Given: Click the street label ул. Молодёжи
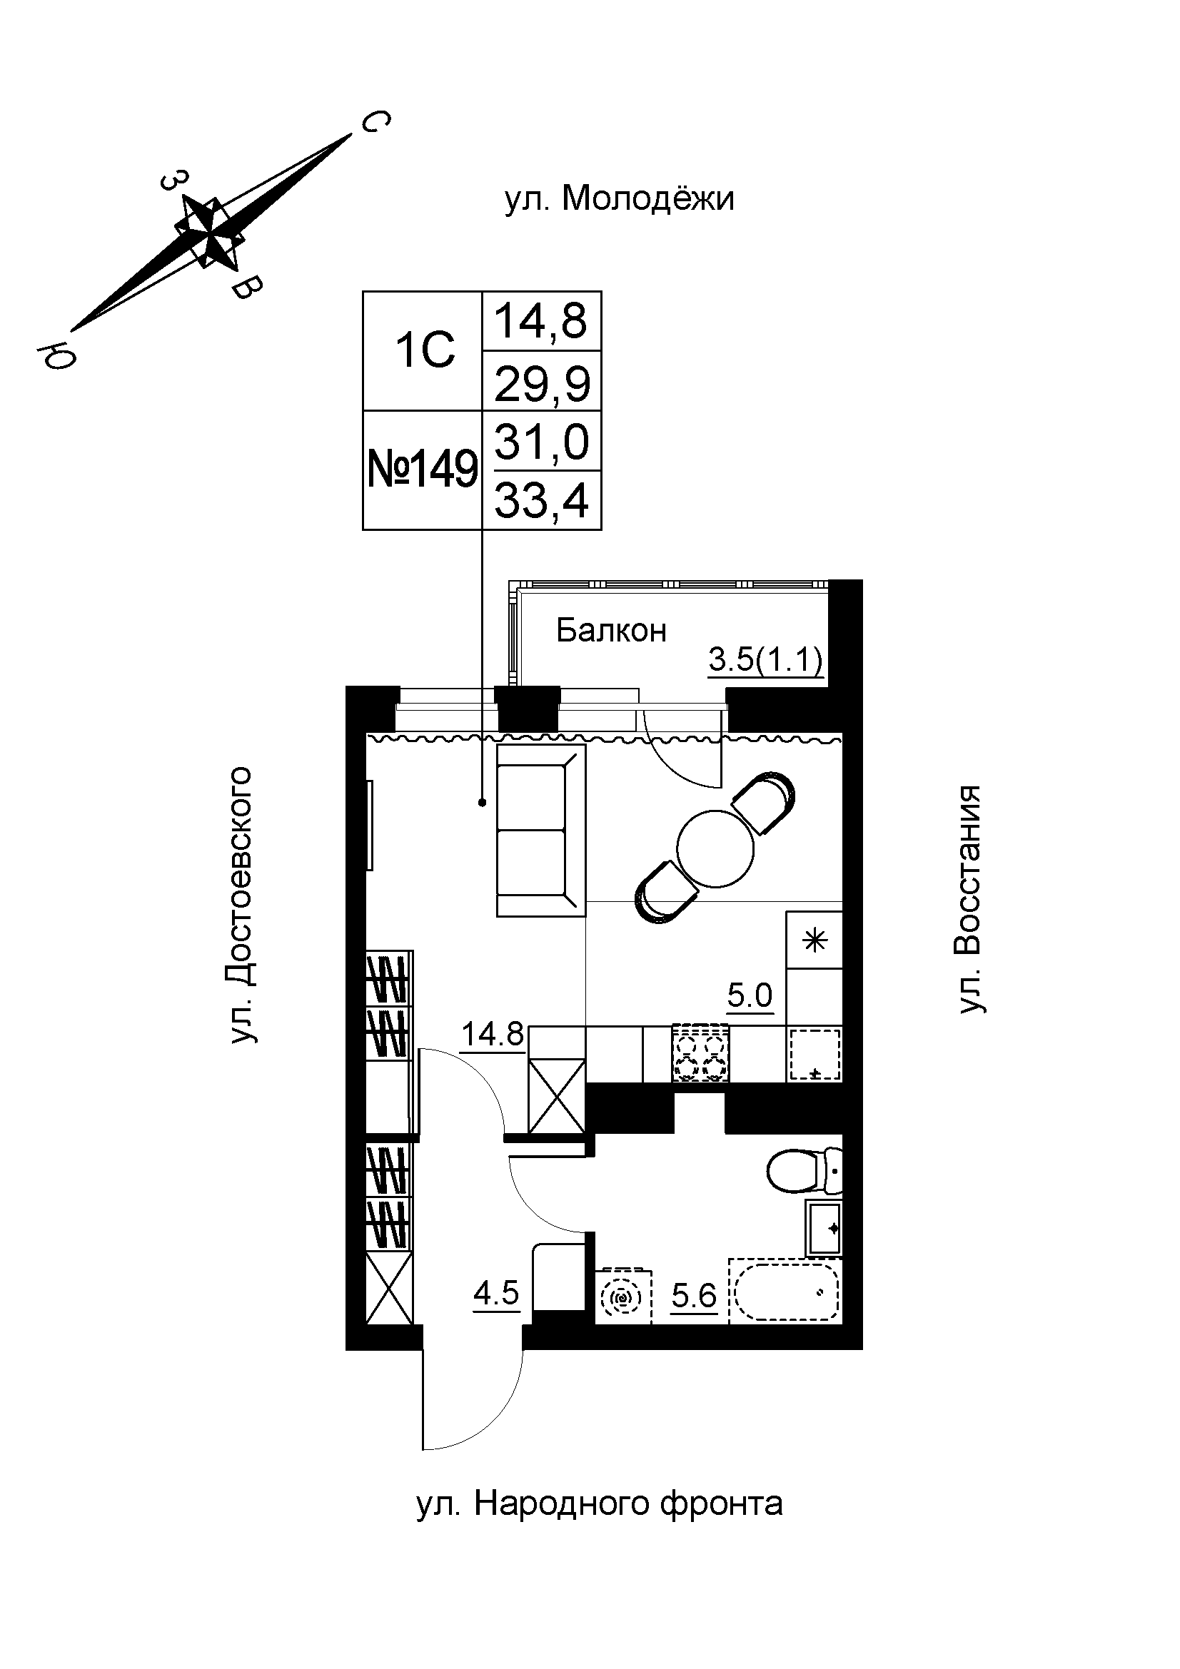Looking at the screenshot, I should point(620,198).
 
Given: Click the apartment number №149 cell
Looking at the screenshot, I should point(423,470).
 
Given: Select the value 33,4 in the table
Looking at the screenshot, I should point(541,500).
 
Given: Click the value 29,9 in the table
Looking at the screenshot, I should point(541,383).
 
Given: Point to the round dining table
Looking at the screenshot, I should point(715,848).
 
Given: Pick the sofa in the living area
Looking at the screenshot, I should point(540,829).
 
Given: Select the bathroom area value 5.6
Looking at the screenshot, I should point(694,1295).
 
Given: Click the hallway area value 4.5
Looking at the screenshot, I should point(496,1293).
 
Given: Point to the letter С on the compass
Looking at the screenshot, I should point(375,122).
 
